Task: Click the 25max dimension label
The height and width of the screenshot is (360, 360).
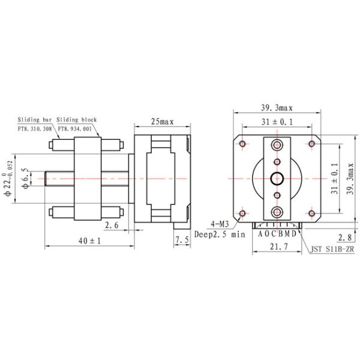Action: [x=161, y=122]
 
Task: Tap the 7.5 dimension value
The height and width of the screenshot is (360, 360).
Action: [x=182, y=240]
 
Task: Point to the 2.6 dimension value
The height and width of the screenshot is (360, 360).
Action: [x=111, y=225]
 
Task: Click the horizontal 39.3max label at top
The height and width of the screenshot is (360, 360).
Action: [x=276, y=108]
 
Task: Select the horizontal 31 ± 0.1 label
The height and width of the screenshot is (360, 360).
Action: [x=277, y=122]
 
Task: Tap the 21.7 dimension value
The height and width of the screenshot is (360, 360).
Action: [x=277, y=247]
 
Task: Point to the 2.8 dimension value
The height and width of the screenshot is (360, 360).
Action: [x=345, y=236]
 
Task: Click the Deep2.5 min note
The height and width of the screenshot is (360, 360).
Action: [x=220, y=235]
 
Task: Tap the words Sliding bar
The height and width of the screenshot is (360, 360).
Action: [x=35, y=120]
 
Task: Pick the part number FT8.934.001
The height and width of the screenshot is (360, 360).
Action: [x=74, y=128]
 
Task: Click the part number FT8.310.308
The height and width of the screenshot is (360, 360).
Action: [x=35, y=128]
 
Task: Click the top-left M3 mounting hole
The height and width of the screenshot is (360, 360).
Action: [x=242, y=143]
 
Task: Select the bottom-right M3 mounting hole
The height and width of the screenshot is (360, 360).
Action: [x=311, y=213]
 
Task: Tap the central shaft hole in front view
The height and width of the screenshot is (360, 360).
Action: [x=277, y=178]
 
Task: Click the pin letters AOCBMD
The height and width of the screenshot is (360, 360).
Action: [x=277, y=233]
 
